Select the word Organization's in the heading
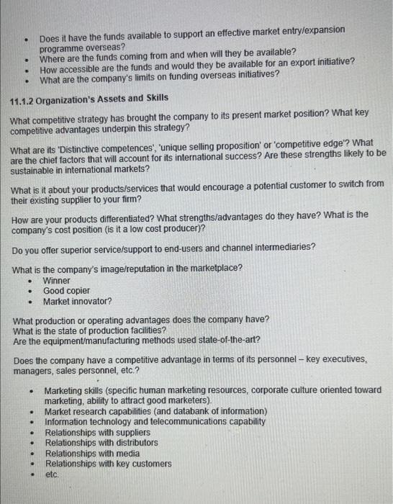[x=74, y=100]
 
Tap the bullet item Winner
[x=57, y=280]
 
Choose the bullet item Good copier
[x=67, y=291]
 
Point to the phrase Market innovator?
[x=78, y=301]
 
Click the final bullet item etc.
[x=52, y=475]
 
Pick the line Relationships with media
[x=93, y=454]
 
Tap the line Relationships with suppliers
[x=98, y=432]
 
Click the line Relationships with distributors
[x=101, y=443]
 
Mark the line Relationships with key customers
[x=108, y=464]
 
